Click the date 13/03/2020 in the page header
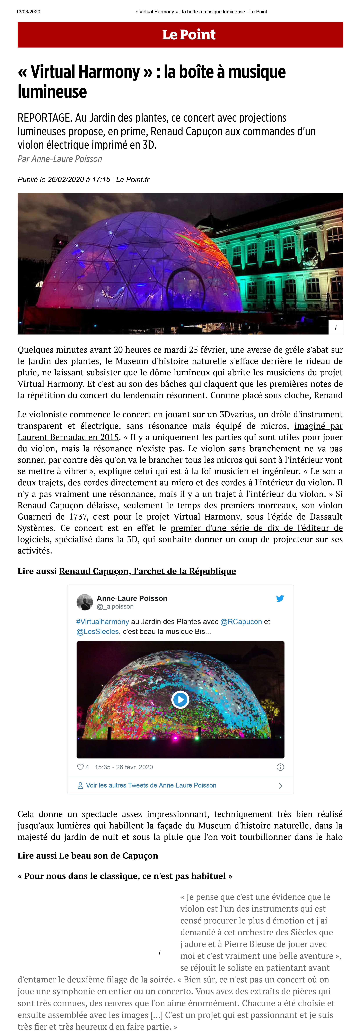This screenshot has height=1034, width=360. pos(28,12)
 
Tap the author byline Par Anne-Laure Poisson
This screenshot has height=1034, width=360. pos(60,159)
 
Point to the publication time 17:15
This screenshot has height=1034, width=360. pos(101,179)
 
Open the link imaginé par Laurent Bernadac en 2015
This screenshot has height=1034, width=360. pos(68,437)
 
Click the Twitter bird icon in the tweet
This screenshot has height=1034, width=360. pos(280,599)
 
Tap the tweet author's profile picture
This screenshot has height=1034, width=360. pos(85,602)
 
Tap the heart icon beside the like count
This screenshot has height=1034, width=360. pos(80,767)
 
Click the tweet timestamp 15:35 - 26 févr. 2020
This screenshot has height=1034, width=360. pos(124,767)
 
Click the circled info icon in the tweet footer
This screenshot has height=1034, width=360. pos(280,767)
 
